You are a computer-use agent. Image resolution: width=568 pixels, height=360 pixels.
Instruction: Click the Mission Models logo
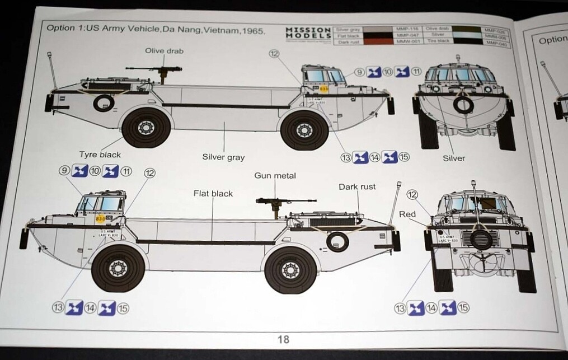(x=307, y=33)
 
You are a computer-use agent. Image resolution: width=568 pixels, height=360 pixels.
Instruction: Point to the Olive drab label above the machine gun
(x=164, y=50)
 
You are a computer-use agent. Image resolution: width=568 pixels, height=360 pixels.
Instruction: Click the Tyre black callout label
(x=100, y=155)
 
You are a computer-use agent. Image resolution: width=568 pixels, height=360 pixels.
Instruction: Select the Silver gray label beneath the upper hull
(x=223, y=157)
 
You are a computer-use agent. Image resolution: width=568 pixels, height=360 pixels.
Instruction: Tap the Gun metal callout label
(x=275, y=176)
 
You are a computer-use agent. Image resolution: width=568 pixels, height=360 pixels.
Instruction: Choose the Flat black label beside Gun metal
(x=213, y=193)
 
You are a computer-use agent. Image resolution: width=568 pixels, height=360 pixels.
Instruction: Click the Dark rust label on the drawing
(x=357, y=186)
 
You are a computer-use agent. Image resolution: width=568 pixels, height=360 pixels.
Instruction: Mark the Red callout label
(x=407, y=214)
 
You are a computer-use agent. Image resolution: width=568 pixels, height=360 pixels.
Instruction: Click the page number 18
(x=283, y=339)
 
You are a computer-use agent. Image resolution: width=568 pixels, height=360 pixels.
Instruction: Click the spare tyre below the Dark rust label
(x=337, y=242)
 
